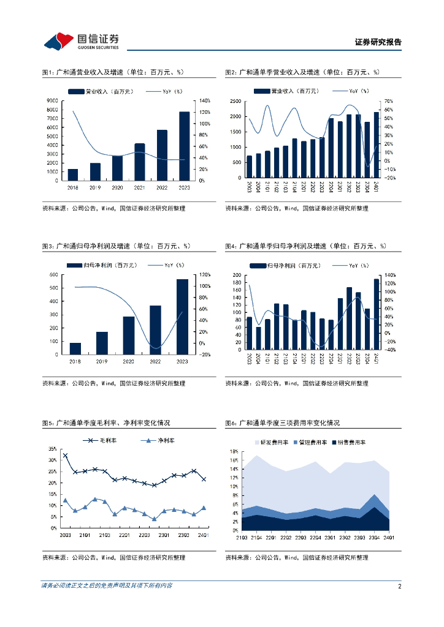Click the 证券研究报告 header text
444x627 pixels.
click(378, 42)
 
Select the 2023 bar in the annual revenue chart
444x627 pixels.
click(184, 146)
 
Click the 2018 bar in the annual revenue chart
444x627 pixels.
click(73, 175)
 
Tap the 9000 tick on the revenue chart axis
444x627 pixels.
click(52, 100)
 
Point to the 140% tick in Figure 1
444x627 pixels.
click(205, 100)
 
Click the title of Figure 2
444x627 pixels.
click(302, 72)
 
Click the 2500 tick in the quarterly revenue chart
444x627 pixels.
click(235, 100)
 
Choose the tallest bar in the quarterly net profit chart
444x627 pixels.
click(377, 314)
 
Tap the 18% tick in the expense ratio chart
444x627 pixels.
click(234, 451)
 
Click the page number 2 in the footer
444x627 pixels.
click(399, 586)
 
